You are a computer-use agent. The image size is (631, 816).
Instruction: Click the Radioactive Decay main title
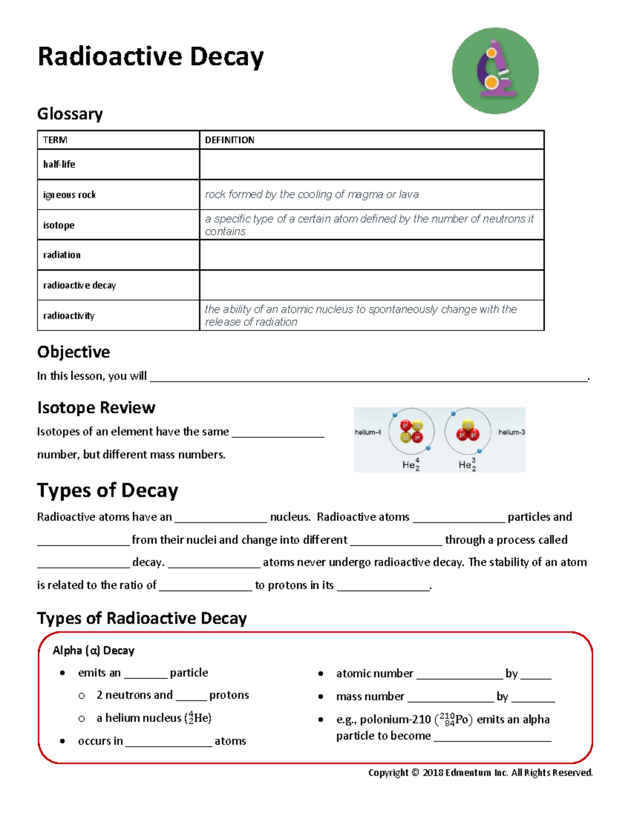pyautogui.click(x=150, y=57)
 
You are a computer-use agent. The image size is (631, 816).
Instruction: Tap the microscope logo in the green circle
pyautogui.click(x=495, y=71)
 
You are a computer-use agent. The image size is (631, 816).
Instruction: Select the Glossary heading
pyautogui.click(x=70, y=113)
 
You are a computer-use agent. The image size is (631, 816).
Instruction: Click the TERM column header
pyautogui.click(x=55, y=140)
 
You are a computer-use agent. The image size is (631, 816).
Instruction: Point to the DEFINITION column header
pyautogui.click(x=229, y=140)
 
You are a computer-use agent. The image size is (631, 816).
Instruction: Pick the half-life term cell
pyautogui.click(x=59, y=164)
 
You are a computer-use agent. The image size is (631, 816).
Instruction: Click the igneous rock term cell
pyautogui.click(x=69, y=195)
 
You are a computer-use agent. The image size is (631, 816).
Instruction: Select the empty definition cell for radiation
pyautogui.click(x=371, y=255)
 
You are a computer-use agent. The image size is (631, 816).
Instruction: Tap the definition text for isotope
pyautogui.click(x=369, y=225)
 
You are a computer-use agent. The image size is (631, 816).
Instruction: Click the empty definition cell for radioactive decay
pyautogui.click(x=371, y=285)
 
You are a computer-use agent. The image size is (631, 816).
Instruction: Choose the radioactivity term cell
pyautogui.click(x=69, y=316)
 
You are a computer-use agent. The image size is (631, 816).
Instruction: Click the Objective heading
pyautogui.click(x=74, y=352)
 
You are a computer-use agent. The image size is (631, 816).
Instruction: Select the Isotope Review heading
pyautogui.click(x=96, y=408)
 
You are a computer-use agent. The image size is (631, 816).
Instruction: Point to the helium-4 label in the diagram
pyautogui.click(x=368, y=432)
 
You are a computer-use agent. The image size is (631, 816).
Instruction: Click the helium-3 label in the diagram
pyautogui.click(x=511, y=432)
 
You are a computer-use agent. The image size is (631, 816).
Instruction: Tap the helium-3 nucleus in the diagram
pyautogui.click(x=467, y=430)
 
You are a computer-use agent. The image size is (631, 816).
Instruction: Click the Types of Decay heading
pyautogui.click(x=108, y=490)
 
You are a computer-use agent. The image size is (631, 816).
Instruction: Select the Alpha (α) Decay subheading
pyautogui.click(x=94, y=650)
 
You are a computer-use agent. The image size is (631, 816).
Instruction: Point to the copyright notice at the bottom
pyautogui.click(x=480, y=772)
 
